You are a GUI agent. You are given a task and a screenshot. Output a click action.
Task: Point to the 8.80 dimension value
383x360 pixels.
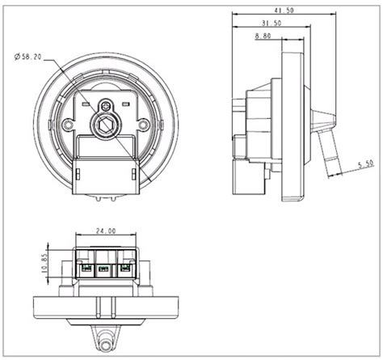[x=262, y=36]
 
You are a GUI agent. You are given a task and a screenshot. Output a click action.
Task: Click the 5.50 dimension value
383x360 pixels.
[x=364, y=163]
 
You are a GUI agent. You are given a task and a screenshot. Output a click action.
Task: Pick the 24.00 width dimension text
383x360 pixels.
[x=104, y=231]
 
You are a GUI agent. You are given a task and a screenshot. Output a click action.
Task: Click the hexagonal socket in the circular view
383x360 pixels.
[x=104, y=124]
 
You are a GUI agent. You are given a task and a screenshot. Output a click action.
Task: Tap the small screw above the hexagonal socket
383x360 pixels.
[x=104, y=104]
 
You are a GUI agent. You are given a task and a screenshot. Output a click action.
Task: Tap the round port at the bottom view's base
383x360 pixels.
[x=104, y=341]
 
